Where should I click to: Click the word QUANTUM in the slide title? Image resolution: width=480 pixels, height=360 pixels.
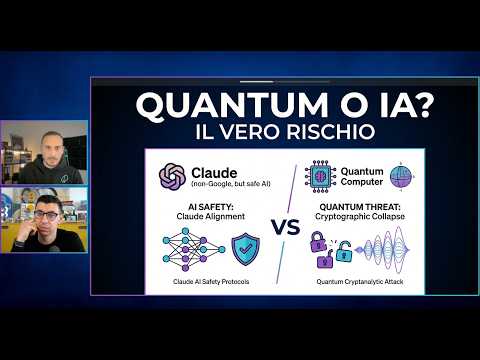pos(185,104)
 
